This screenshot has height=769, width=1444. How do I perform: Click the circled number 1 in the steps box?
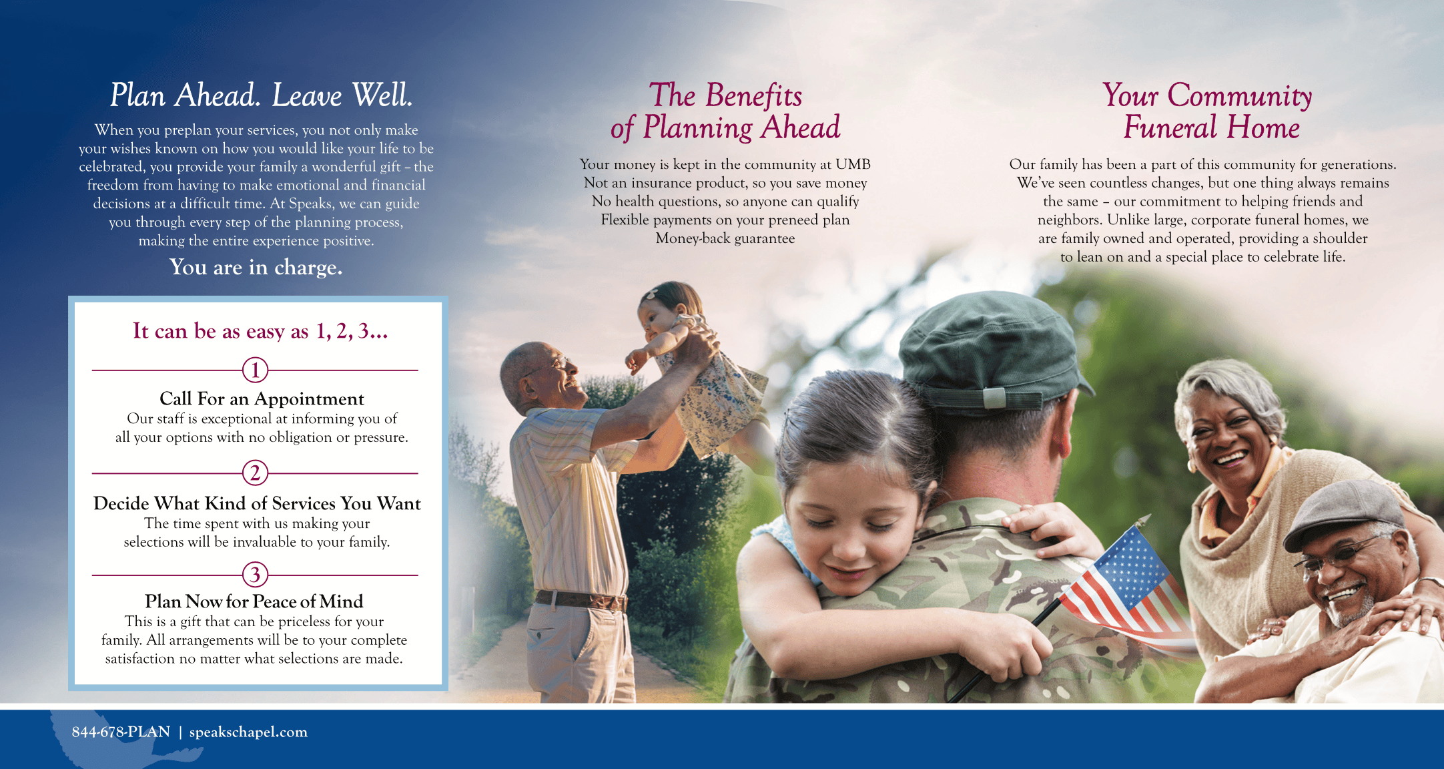coord(255,370)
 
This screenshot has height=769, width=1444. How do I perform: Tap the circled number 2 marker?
coord(255,473)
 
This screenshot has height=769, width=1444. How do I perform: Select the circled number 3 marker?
coord(255,575)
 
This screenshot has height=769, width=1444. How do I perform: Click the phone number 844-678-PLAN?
coord(121,732)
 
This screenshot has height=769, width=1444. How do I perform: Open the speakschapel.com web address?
coord(248,732)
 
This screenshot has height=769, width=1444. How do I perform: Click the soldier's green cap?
coord(994,347)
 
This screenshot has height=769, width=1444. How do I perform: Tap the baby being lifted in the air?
coord(694,367)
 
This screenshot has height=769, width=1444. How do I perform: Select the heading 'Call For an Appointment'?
coord(262,399)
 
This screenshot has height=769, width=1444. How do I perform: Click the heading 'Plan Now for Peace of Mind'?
coord(254,601)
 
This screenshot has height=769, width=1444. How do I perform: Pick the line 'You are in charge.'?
coord(256,267)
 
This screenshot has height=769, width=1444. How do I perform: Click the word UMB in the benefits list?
coord(853,164)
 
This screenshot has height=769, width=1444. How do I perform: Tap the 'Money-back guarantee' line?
coord(725,238)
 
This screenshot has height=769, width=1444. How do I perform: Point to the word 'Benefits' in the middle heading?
coord(754,95)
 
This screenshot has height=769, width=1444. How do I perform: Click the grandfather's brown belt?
coord(581,599)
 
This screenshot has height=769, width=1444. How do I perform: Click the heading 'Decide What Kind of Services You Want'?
coord(257,503)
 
